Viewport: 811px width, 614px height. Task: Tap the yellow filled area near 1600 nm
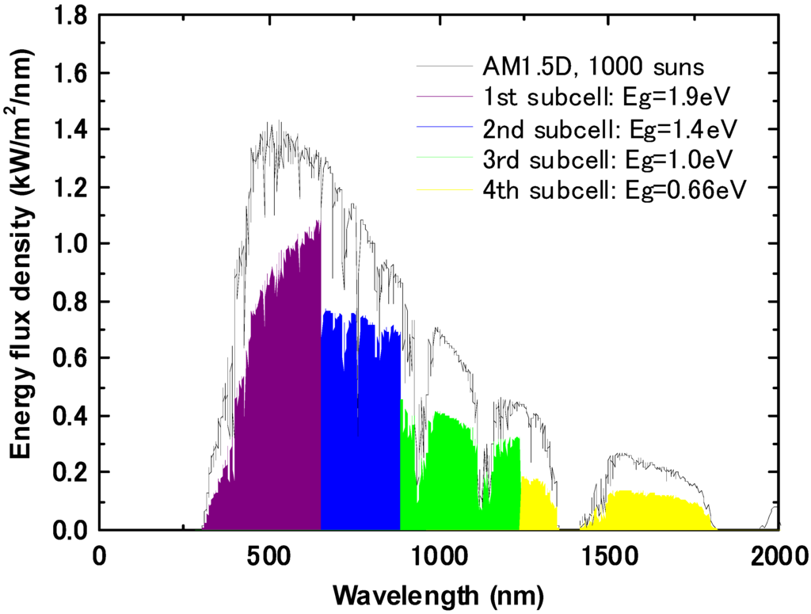click(x=649, y=511)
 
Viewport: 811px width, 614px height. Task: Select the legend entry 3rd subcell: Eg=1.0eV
click(x=606, y=158)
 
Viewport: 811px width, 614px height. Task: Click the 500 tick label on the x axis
click(x=269, y=554)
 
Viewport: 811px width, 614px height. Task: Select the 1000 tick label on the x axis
click(x=439, y=554)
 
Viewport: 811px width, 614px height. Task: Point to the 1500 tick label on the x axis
click(x=609, y=554)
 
